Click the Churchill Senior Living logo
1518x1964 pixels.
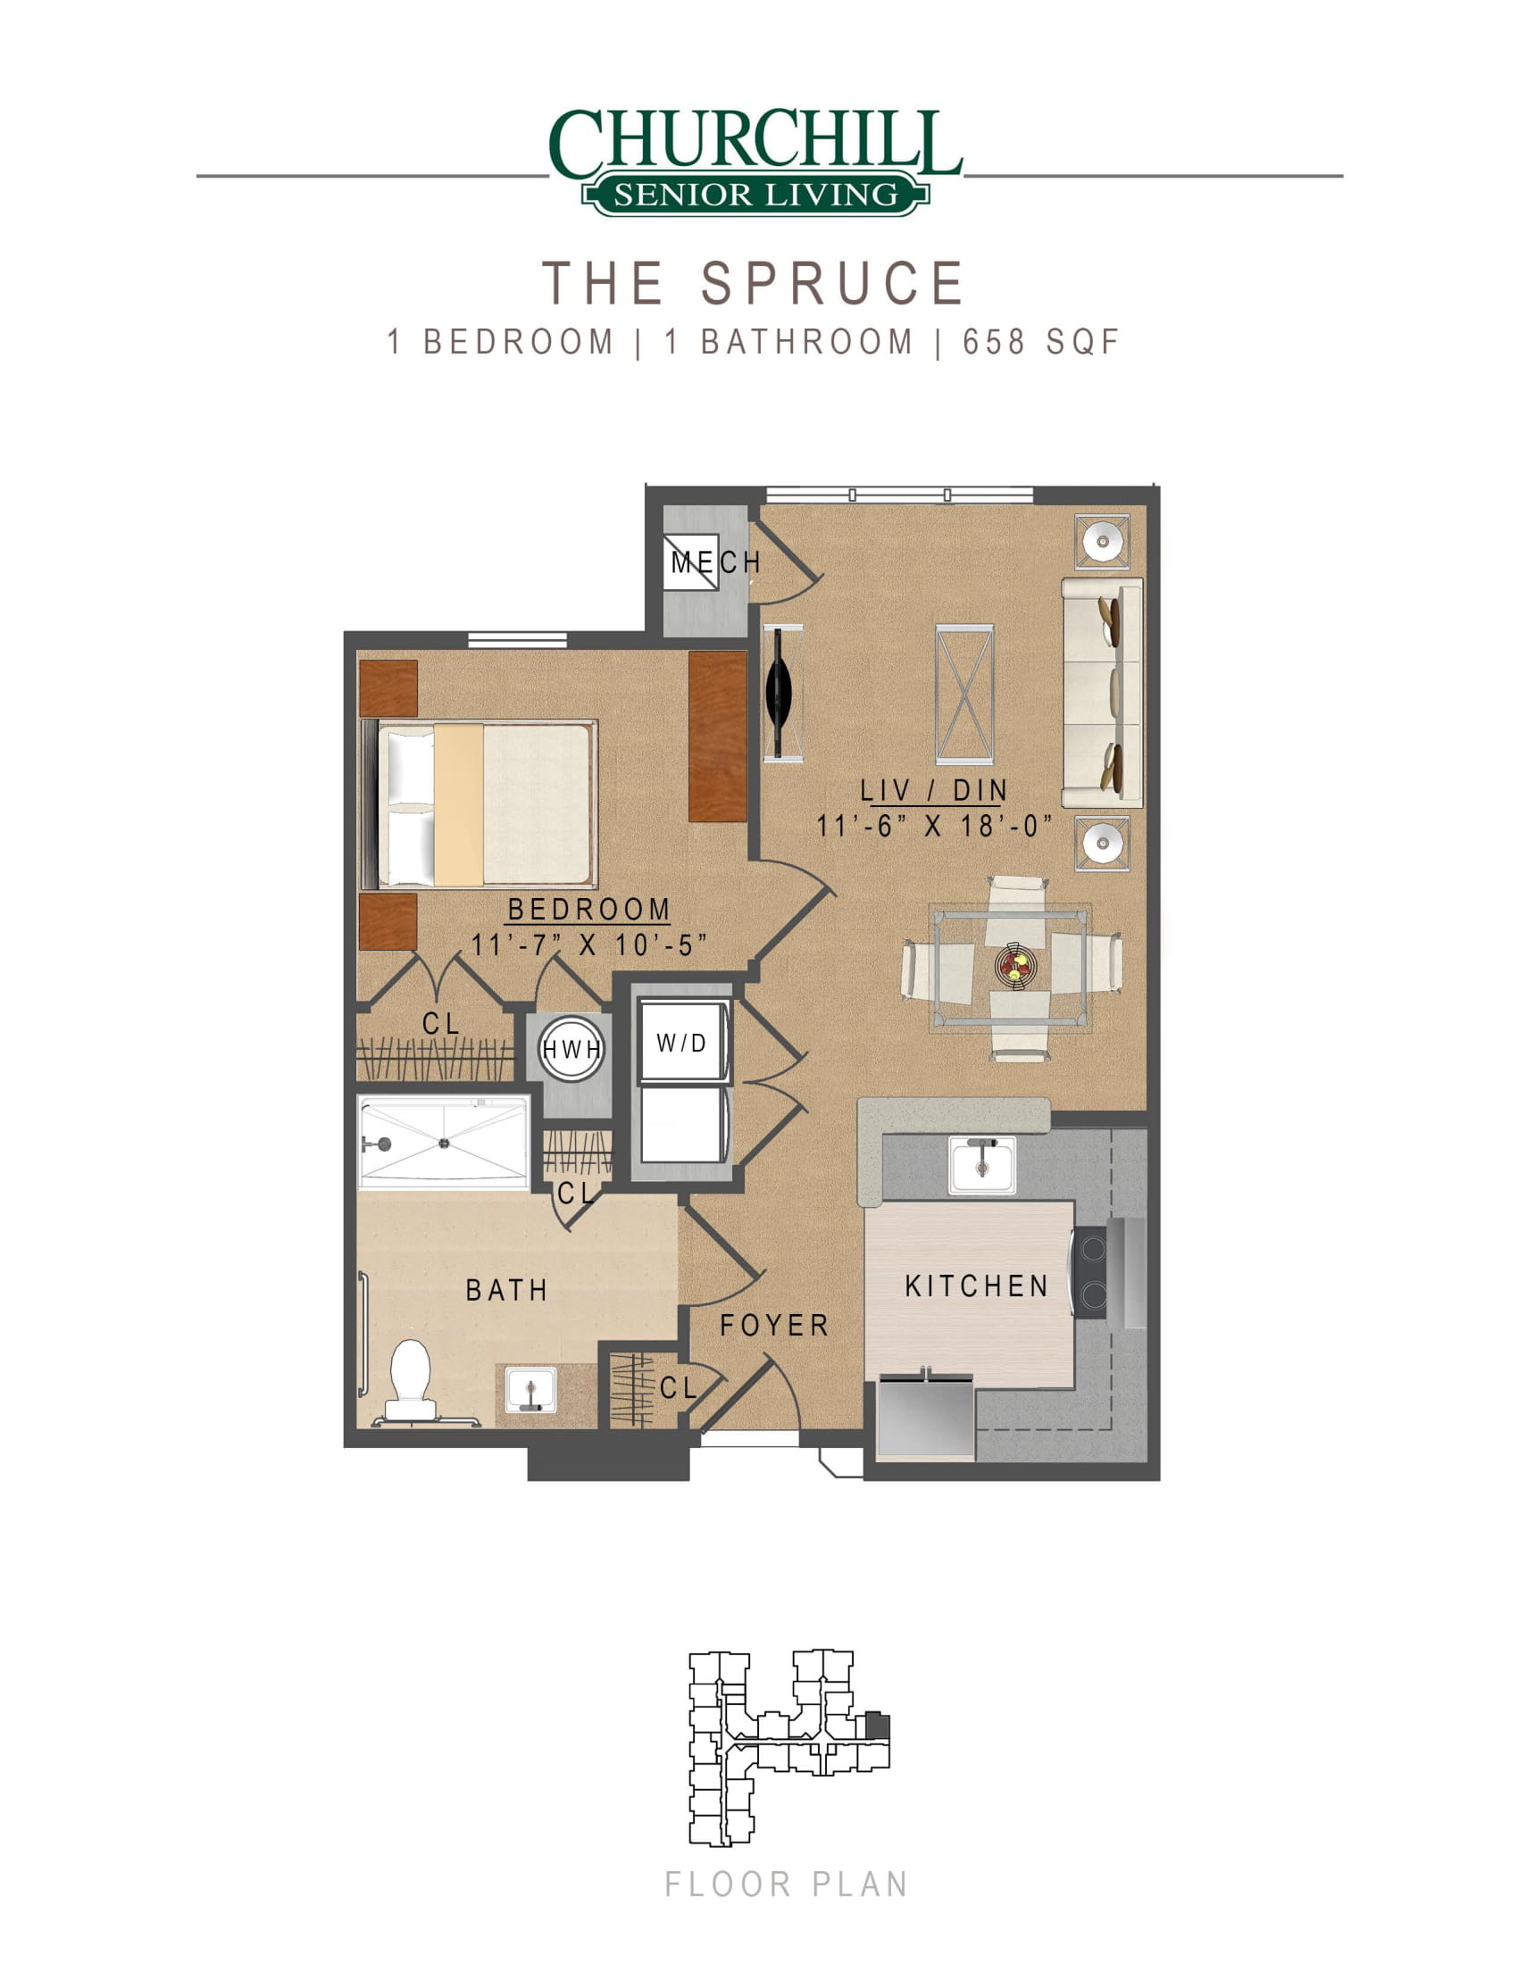[x=756, y=162]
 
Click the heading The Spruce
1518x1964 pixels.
[x=754, y=283]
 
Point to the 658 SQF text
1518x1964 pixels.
[x=1040, y=343]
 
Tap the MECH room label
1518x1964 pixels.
[x=716, y=562]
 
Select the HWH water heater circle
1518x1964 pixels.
[x=571, y=1048]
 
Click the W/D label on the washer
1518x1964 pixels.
[x=681, y=1043]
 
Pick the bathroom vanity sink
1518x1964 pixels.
[x=530, y=1389]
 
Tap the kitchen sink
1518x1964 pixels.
[x=981, y=1164]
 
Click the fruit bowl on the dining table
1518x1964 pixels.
[x=1016, y=966]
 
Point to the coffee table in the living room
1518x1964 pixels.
[x=964, y=695]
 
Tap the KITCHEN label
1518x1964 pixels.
[x=977, y=1286]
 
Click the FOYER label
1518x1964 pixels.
[x=774, y=1326]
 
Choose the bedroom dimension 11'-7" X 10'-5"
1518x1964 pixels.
[x=589, y=945]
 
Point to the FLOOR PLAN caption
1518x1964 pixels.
[x=786, y=1885]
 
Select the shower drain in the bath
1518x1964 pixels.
[x=444, y=1143]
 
